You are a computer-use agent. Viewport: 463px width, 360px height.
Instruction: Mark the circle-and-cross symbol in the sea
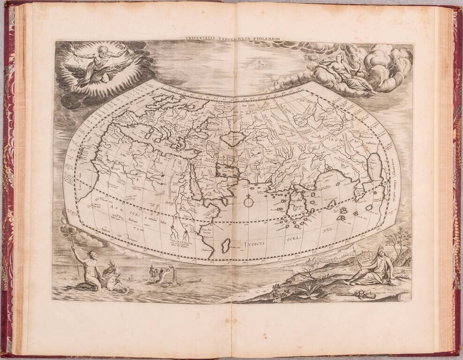(x=248, y=202)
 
